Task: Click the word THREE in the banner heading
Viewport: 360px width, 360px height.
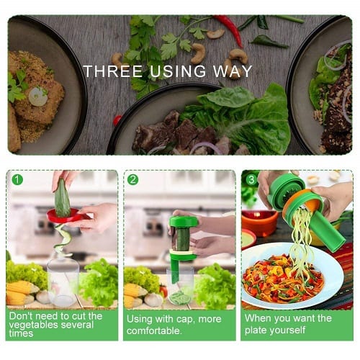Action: click(x=113, y=71)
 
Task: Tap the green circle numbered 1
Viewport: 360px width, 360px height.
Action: click(x=17, y=179)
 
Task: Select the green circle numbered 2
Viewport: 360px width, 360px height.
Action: click(x=133, y=179)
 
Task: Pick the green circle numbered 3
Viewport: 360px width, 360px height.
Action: click(x=251, y=179)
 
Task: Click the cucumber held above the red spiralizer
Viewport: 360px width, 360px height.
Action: click(x=63, y=198)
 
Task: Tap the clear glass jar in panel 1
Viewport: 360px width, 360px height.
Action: click(x=63, y=281)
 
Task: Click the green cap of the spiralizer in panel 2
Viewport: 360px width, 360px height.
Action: click(x=184, y=222)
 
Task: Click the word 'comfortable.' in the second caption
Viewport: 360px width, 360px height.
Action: click(x=154, y=330)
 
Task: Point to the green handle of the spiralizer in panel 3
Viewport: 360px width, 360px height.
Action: click(x=329, y=232)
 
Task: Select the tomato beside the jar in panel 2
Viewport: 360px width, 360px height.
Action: click(x=164, y=291)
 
